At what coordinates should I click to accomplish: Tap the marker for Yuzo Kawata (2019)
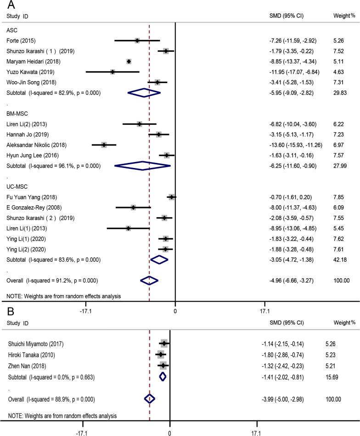pos(112,72)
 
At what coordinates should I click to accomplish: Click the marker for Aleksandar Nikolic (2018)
pos(104,145)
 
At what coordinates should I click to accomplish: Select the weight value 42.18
pos(341,260)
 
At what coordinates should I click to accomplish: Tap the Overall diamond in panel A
pos(149,280)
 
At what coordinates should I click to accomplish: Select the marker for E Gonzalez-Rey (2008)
pos(133,207)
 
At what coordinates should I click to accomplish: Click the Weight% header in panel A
pos(343,17)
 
